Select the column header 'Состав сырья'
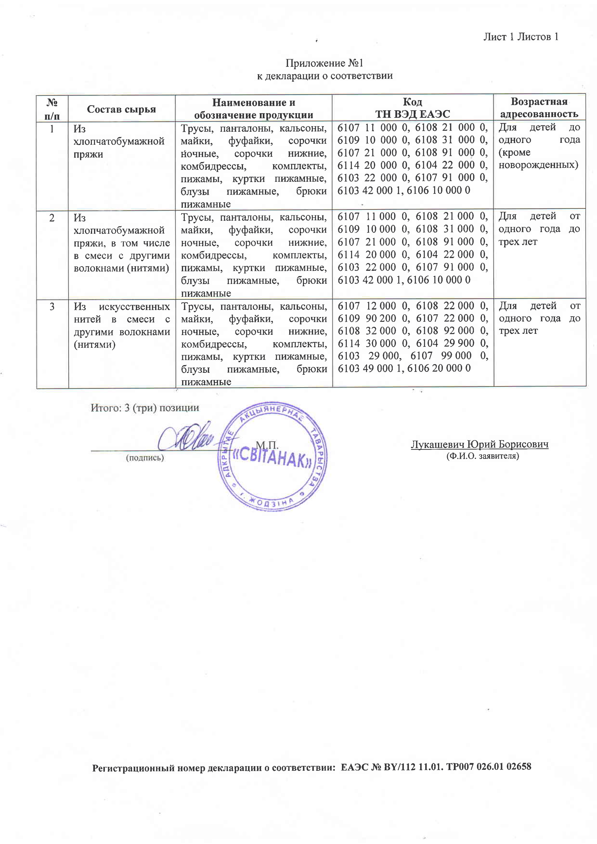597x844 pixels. [121, 109]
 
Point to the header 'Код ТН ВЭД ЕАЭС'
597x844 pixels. [412, 108]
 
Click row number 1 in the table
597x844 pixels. [52, 129]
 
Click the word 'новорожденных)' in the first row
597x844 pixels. [538, 165]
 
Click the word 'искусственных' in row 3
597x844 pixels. [134, 307]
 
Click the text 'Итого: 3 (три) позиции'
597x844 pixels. [145, 408]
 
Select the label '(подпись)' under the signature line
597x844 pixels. [145, 458]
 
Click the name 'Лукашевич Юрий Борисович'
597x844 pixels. [479, 444]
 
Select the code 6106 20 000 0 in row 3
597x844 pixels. [439, 368]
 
